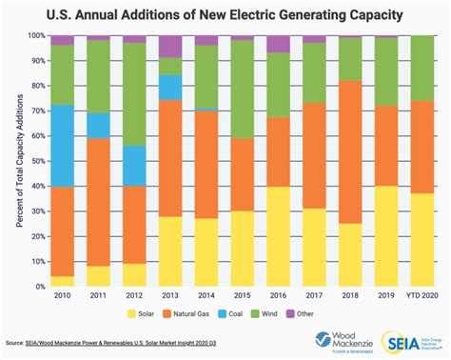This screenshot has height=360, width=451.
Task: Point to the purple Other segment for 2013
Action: [170, 46]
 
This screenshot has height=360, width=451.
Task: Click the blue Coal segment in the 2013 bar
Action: [170, 87]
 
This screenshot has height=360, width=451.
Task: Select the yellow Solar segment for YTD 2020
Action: [422, 239]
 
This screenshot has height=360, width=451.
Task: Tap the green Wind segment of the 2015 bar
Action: [243, 90]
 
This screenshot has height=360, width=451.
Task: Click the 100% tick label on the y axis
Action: [36, 35]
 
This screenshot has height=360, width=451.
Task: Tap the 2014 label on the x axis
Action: [206, 295]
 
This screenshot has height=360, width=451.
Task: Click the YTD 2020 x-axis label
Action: [422, 295]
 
